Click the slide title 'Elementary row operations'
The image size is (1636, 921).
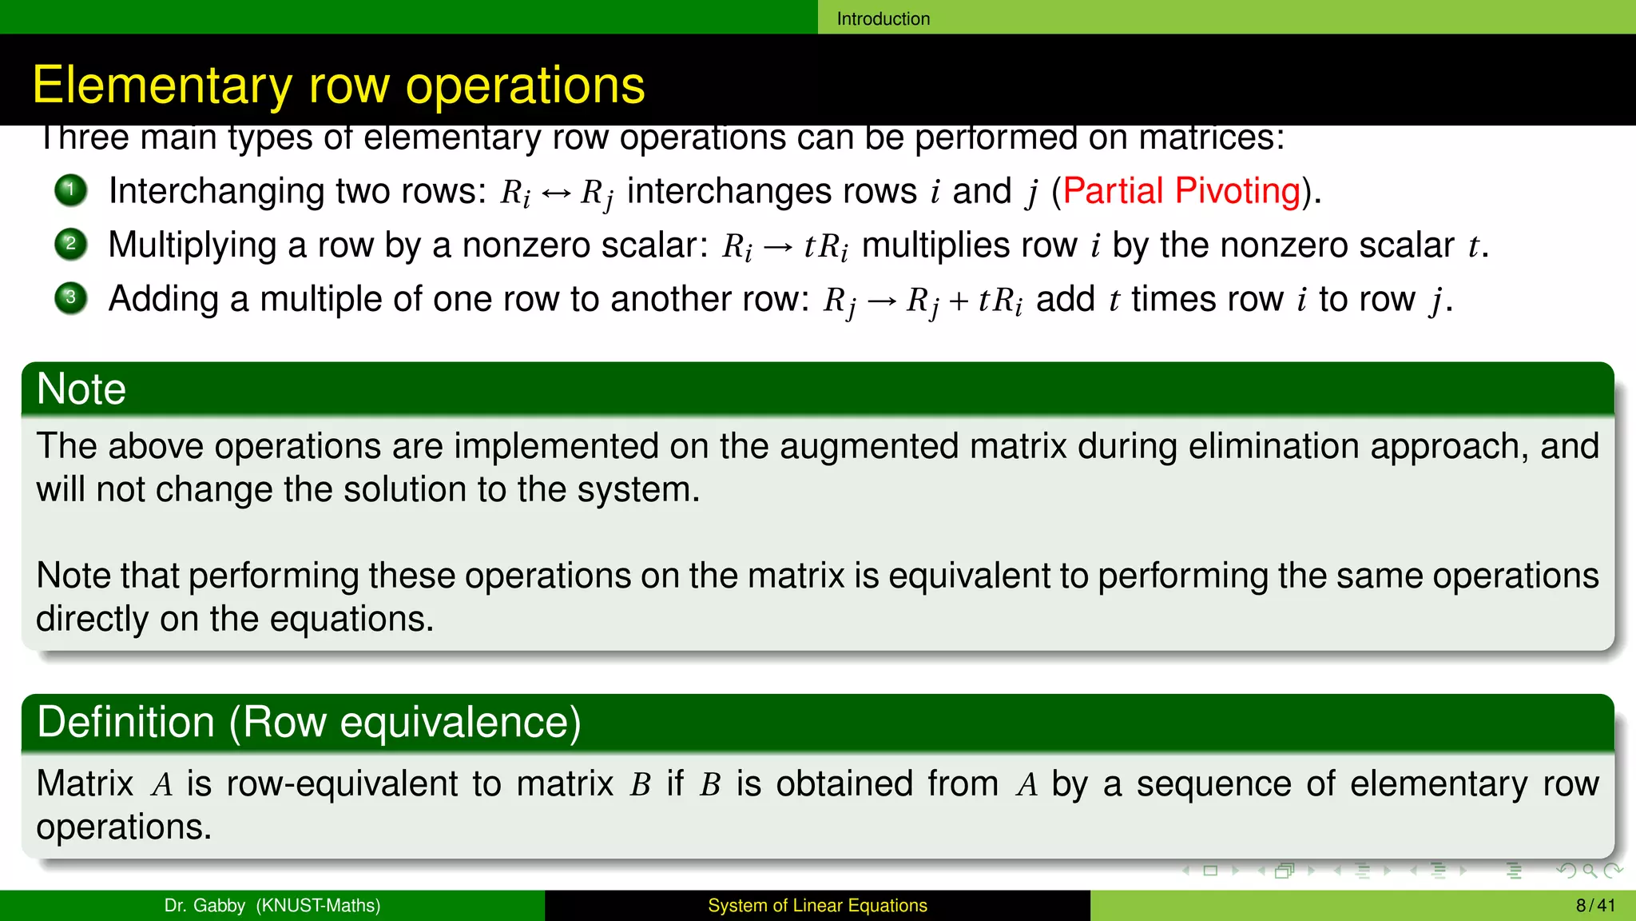(338, 85)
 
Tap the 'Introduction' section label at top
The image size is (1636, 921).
(883, 18)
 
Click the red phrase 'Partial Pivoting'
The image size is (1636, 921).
(1181, 191)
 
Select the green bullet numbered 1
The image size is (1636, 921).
(71, 190)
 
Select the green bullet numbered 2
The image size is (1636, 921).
(71, 244)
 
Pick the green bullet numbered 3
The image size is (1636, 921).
(71, 298)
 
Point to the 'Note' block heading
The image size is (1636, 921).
(81, 389)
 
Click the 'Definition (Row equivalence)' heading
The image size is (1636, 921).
(309, 722)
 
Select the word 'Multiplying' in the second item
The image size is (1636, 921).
(193, 245)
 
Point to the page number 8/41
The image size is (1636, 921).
(1595, 905)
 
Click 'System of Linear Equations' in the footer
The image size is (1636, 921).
(817, 905)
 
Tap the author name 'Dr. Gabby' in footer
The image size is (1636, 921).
(204, 905)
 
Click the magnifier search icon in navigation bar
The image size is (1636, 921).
(1589, 871)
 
